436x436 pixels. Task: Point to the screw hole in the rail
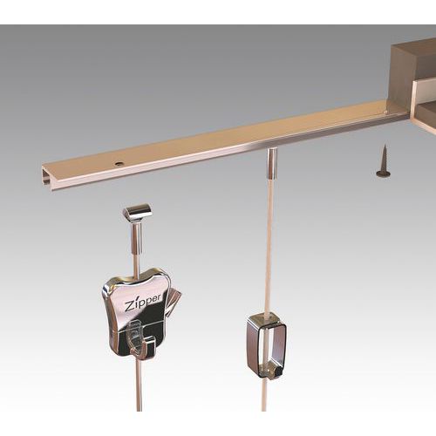[116, 162]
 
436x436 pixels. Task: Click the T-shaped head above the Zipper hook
[136, 212]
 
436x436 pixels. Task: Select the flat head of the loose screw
[383, 173]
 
